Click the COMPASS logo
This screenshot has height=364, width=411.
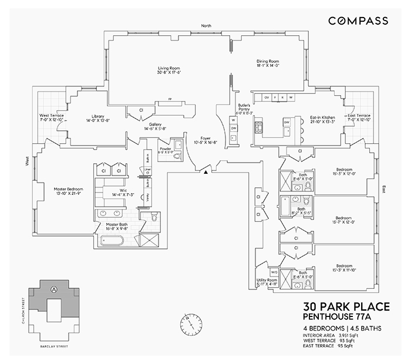pos(358,21)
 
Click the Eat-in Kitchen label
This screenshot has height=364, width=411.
pos(322,119)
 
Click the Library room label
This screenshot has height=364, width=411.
pos(93,118)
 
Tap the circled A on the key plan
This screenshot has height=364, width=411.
pos(55,289)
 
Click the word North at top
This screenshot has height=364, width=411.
pos(206,26)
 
